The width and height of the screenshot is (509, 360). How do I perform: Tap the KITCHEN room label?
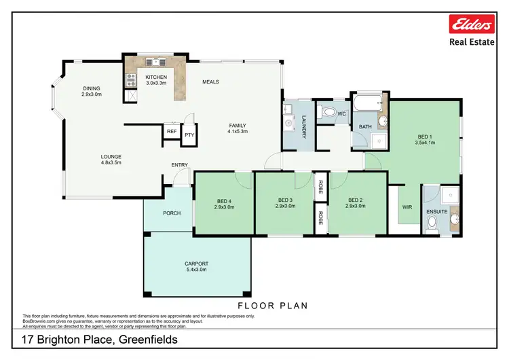tap(156, 77)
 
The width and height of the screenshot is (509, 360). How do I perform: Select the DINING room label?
tap(92, 88)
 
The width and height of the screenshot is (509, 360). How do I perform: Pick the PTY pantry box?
tap(188, 134)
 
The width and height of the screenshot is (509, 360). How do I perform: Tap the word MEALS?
tap(210, 82)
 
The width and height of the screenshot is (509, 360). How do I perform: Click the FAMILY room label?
tap(237, 126)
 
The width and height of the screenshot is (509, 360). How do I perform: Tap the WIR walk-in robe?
tap(407, 206)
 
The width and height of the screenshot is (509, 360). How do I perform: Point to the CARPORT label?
tap(196, 264)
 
